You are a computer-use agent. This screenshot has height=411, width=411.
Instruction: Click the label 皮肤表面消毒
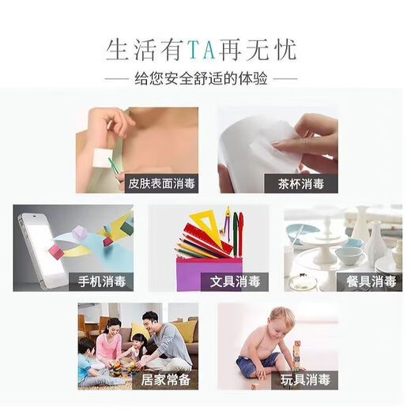(x=162, y=183)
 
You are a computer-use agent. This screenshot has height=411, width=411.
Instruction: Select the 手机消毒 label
(x=100, y=281)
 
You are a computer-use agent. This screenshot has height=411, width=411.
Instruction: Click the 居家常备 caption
(x=166, y=379)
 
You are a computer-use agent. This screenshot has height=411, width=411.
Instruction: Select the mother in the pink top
(x=111, y=336)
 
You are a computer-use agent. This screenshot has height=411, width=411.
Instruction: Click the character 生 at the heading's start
(x=118, y=51)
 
